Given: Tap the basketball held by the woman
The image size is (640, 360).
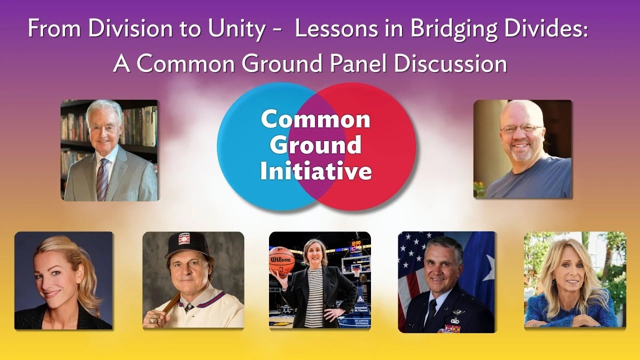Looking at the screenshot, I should pos(282,261).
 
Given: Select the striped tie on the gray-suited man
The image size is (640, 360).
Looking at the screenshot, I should pos(102,177).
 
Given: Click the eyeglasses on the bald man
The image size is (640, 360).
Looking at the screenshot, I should pos(521,129).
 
